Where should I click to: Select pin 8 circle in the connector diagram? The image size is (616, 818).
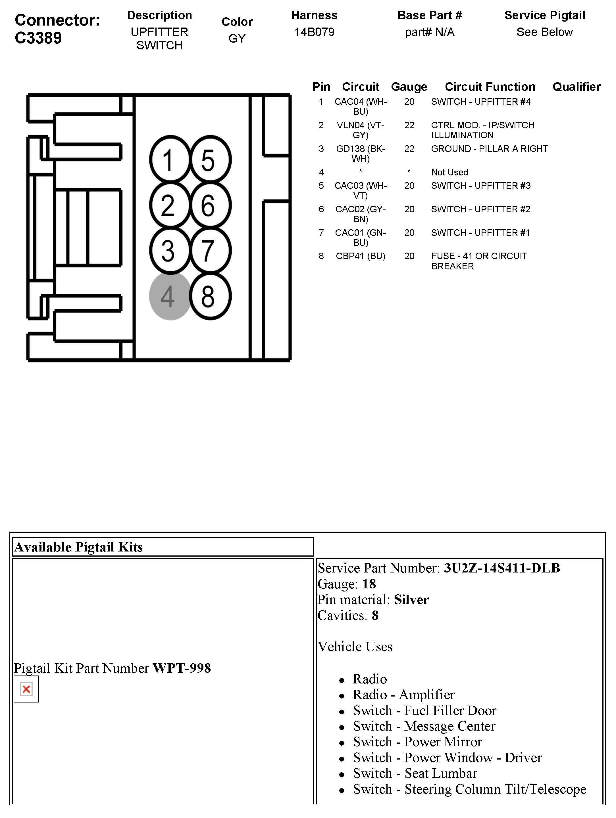pos(210,296)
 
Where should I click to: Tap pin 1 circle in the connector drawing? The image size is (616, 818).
pos(170,160)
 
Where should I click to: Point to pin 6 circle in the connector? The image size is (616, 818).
pos(210,205)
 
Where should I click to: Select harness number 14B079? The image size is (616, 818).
pos(314,32)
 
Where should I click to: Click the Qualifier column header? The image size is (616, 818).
pos(576,87)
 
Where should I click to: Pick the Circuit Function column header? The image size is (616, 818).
pos(490,87)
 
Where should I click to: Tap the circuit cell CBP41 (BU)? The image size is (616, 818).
pos(360,256)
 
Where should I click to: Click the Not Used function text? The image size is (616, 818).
pos(449,172)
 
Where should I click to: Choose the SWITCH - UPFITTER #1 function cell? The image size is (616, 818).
pos(480,233)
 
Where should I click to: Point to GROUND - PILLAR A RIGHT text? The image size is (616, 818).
pos(489,149)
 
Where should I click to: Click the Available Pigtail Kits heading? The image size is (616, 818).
pos(78,547)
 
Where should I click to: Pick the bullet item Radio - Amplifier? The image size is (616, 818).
pos(403,695)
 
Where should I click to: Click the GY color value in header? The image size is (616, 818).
pos(237,39)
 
